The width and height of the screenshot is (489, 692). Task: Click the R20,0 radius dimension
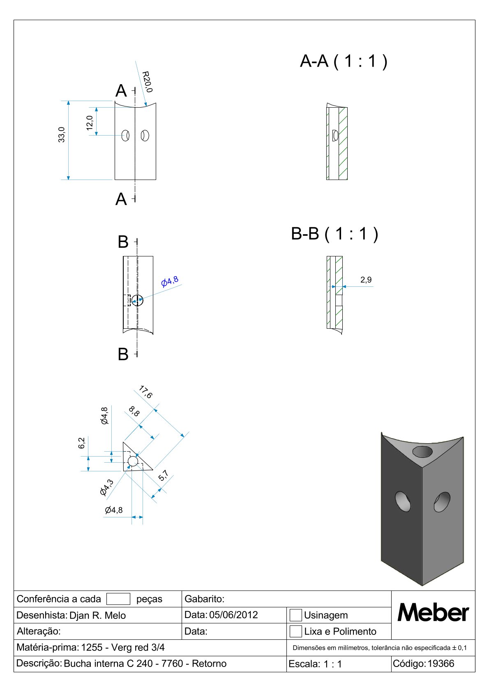pyautogui.click(x=147, y=82)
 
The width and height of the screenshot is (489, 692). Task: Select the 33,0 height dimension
pyautogui.click(x=62, y=135)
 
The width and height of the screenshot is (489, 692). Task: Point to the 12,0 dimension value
pyautogui.click(x=90, y=123)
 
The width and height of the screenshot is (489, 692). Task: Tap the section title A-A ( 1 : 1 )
pyautogui.click(x=344, y=61)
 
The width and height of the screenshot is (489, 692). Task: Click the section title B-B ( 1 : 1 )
pyautogui.click(x=334, y=234)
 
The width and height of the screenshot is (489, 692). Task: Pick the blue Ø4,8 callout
pyautogui.click(x=170, y=281)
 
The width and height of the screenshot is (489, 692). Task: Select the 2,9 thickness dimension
pyautogui.click(x=366, y=280)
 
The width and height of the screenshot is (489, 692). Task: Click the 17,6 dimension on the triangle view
pyautogui.click(x=145, y=392)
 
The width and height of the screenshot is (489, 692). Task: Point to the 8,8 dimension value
pyautogui.click(x=134, y=411)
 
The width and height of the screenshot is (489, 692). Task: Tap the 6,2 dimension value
pyautogui.click(x=82, y=443)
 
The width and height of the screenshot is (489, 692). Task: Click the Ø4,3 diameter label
pyautogui.click(x=106, y=487)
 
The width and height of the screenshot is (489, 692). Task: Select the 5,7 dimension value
pyautogui.click(x=164, y=475)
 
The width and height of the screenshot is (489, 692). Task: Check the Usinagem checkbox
pyautogui.click(x=295, y=615)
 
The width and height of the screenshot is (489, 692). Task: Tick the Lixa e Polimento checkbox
pyautogui.click(x=295, y=631)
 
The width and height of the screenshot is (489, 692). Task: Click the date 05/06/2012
pyautogui.click(x=233, y=615)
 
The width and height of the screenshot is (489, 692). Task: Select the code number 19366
pyautogui.click(x=441, y=664)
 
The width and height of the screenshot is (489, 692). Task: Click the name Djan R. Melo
pyautogui.click(x=98, y=616)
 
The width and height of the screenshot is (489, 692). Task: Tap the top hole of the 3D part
pyautogui.click(x=422, y=452)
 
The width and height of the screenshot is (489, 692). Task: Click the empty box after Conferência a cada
pyautogui.click(x=118, y=599)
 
